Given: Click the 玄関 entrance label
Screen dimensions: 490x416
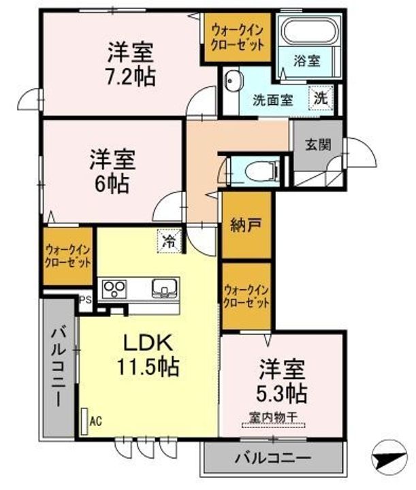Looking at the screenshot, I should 317,144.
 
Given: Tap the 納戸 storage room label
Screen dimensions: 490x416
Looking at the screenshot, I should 246,225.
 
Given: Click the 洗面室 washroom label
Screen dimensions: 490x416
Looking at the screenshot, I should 272,99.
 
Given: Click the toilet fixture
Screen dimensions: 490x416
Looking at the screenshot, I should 259,170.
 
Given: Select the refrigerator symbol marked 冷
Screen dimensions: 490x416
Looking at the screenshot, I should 169,240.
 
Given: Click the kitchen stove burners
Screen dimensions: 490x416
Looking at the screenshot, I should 114,289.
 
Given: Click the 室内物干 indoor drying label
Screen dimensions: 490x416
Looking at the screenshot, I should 272,418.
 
